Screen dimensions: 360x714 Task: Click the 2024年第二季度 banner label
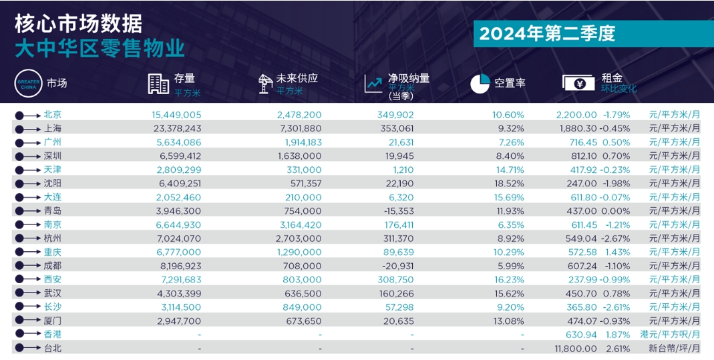(547, 33)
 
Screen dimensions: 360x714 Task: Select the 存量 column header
(184, 77)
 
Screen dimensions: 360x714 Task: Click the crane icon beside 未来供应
(265, 83)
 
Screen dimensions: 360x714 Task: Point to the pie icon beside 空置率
(480, 83)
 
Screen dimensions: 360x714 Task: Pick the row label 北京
(53, 115)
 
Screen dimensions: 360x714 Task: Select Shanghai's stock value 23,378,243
(177, 128)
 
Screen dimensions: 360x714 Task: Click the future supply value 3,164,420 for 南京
(299, 224)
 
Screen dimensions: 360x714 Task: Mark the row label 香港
(53, 334)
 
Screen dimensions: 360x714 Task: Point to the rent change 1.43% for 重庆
(617, 252)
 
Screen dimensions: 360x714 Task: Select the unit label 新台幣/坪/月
(675, 348)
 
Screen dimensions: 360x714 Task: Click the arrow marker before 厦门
(28, 321)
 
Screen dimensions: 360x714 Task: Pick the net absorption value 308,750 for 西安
(395, 279)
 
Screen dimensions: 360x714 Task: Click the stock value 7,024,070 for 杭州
(177, 238)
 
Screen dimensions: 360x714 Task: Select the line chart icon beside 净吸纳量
(373, 83)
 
